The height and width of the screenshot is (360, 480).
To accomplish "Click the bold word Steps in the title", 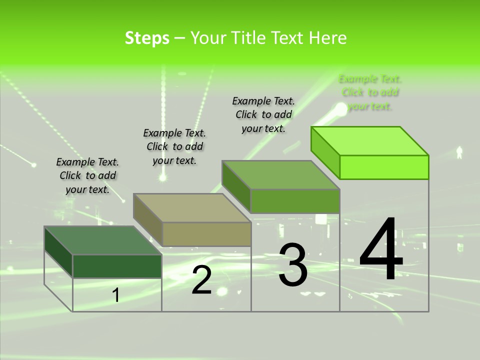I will (x=147, y=38).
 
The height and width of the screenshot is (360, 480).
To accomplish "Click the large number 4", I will (x=381, y=249).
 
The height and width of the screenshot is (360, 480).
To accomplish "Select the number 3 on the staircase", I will (x=293, y=265).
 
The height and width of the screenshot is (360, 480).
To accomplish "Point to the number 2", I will (x=201, y=280).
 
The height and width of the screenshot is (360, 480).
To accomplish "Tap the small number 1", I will (x=116, y=295).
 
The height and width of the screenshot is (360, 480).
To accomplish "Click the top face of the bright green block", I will (x=370, y=140).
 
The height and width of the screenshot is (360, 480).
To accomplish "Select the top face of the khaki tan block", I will (x=192, y=207).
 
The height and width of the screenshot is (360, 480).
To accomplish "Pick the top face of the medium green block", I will (x=281, y=175).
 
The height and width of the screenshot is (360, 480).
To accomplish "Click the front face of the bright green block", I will (x=384, y=167).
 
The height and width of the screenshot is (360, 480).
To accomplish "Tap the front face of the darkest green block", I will (x=117, y=266).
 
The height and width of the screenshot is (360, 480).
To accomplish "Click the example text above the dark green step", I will (x=87, y=175).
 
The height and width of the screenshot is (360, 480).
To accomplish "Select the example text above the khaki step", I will (x=174, y=146).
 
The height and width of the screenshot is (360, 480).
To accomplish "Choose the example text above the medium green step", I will (x=263, y=114).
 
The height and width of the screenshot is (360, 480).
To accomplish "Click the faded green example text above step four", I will (x=370, y=92).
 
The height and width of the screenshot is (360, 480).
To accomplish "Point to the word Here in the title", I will (x=328, y=38).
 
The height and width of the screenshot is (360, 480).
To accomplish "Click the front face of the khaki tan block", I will (x=206, y=234).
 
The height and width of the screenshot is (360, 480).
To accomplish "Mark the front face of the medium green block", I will (x=295, y=201).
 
